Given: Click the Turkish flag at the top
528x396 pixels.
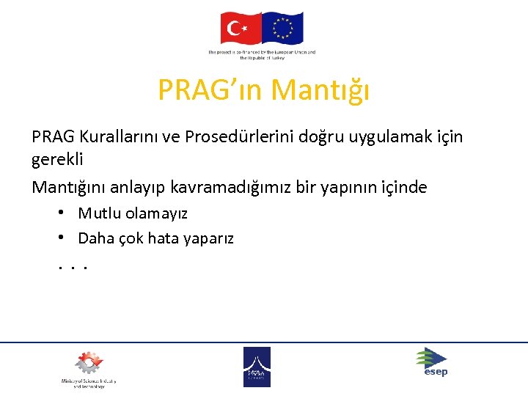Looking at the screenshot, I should (241, 29).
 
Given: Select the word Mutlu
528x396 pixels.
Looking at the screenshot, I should (100, 214).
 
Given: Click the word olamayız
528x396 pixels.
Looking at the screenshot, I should (157, 214).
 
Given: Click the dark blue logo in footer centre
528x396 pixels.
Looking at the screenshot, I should (257, 366).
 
